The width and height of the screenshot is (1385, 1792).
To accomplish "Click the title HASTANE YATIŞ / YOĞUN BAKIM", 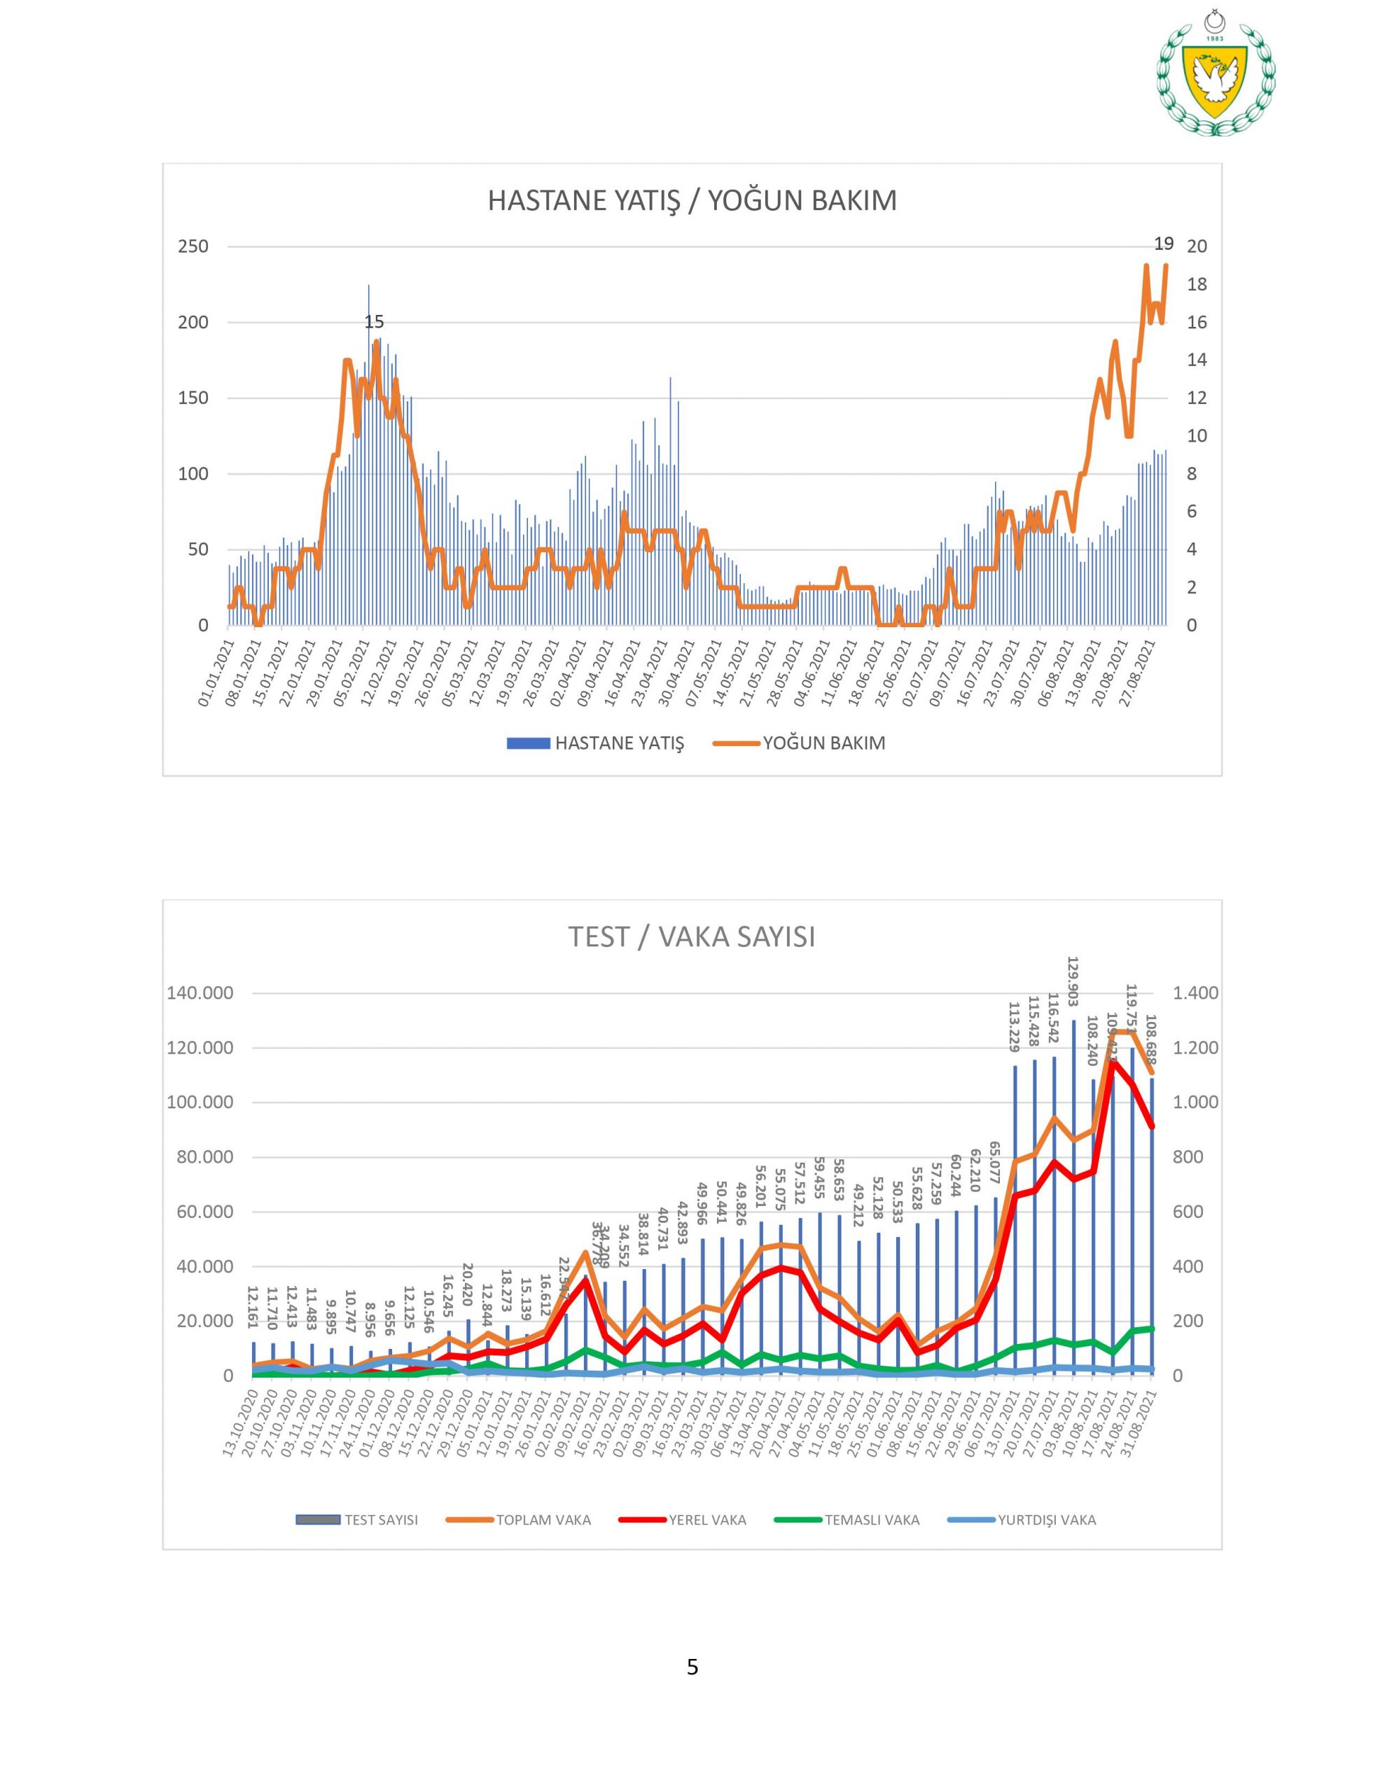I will tap(692, 200).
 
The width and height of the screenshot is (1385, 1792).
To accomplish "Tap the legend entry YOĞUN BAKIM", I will tap(823, 743).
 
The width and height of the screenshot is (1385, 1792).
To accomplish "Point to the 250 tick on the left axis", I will tap(193, 247).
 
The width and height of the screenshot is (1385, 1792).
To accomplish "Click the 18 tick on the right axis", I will tap(1197, 285).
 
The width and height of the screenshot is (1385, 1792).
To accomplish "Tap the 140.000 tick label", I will tap(200, 993).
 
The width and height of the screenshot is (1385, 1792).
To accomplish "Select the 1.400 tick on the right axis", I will tap(1195, 993).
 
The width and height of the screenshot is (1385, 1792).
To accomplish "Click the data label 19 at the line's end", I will tap(1163, 244).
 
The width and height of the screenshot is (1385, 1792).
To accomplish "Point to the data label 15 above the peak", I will tap(375, 323).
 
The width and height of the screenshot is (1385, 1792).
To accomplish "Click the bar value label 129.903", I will tap(1073, 981).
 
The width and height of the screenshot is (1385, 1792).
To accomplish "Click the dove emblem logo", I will tap(1215, 78).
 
